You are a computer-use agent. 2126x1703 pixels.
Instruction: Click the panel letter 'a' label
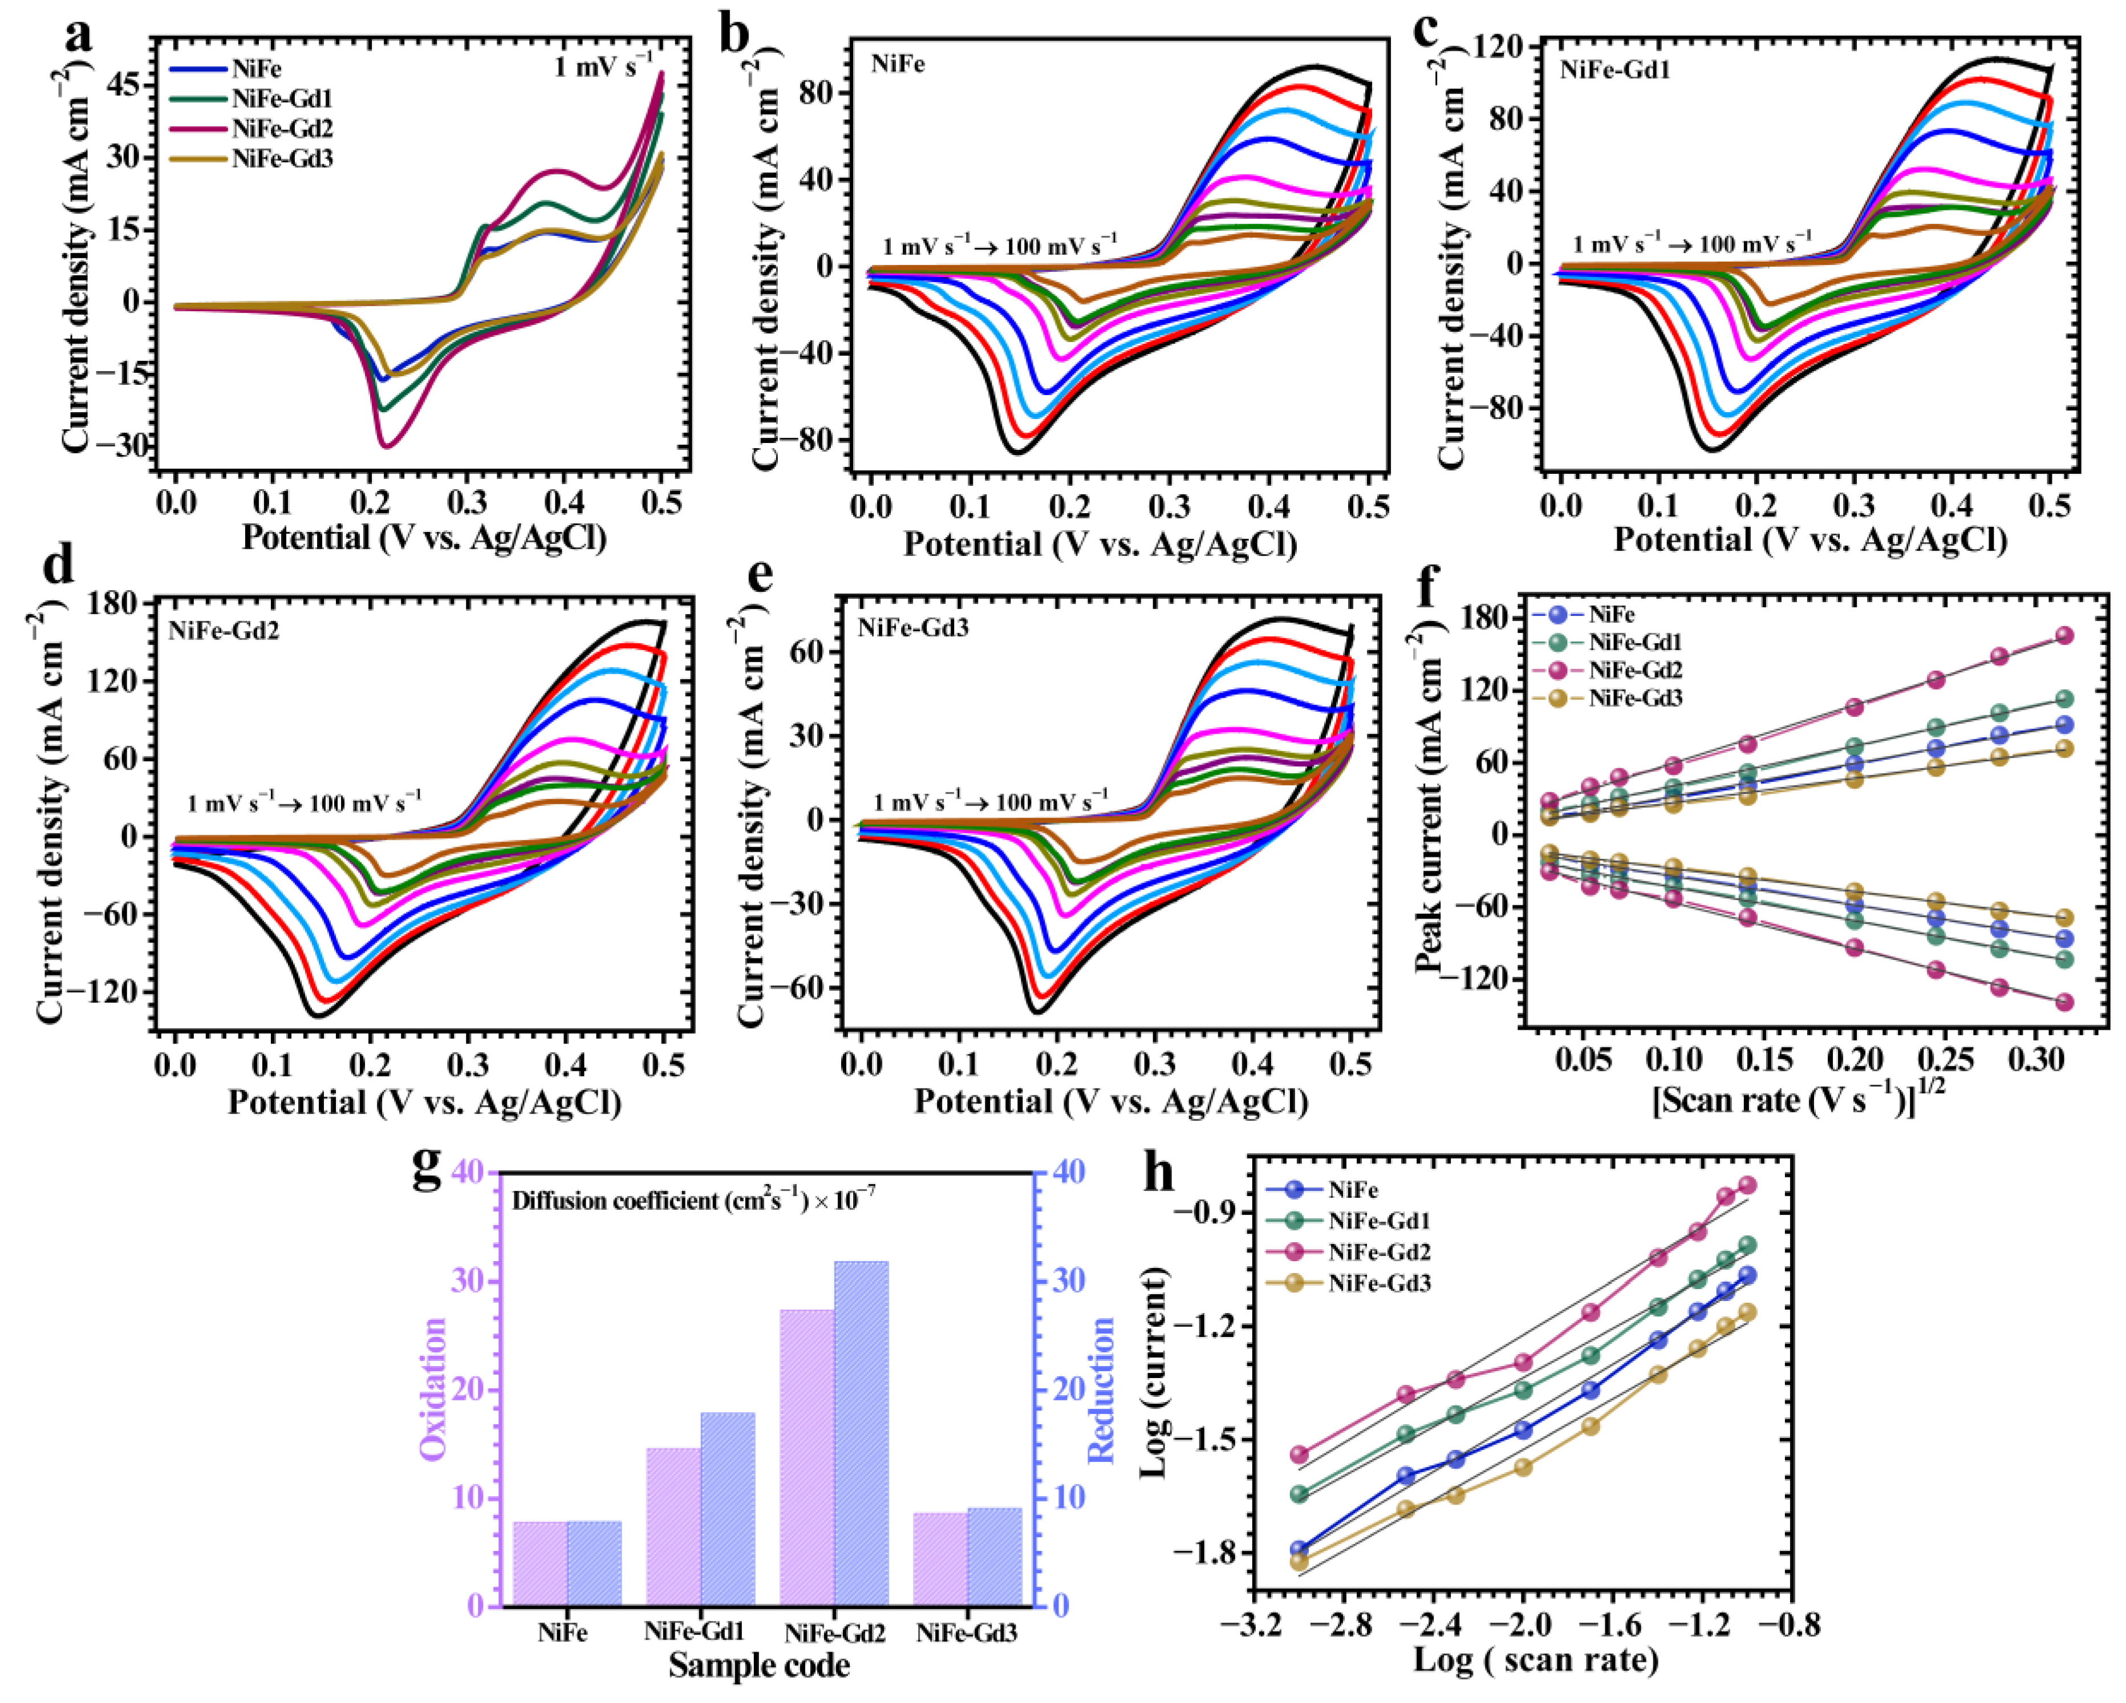[x=79, y=35]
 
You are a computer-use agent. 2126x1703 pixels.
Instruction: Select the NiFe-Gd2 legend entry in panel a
[x=251, y=128]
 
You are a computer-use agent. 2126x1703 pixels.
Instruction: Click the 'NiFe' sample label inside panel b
[x=898, y=65]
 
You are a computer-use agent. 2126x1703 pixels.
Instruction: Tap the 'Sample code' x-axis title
[x=759, y=1665]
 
